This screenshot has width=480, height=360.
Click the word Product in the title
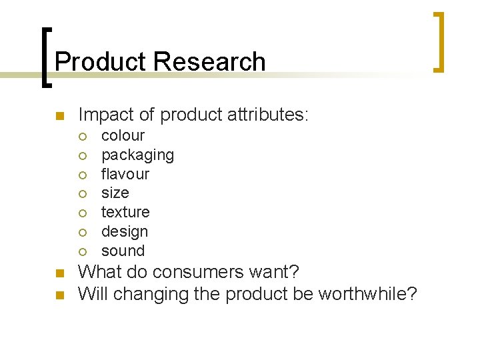click(101, 61)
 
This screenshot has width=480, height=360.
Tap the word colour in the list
click(123, 135)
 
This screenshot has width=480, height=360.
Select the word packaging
click(137, 155)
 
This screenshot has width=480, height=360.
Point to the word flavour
click(125, 174)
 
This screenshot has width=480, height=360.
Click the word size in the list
click(115, 193)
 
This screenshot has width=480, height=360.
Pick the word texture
click(125, 212)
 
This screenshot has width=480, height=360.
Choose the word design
click(125, 231)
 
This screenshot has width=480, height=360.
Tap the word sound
click(123, 251)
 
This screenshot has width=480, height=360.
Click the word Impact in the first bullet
click(101, 115)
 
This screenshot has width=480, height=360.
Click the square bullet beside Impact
click(58, 116)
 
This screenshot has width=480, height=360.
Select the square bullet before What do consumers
click(58, 273)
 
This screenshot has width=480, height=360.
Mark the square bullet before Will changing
click(58, 294)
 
